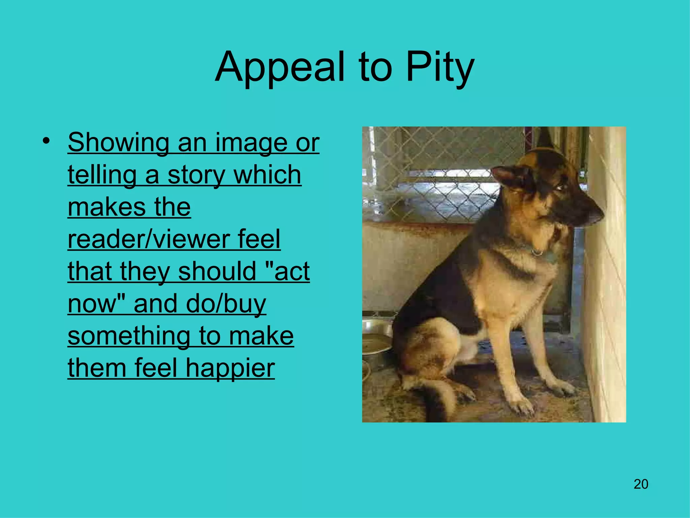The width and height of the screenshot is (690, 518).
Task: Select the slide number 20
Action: [x=641, y=484]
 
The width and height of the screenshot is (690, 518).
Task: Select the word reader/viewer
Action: [x=148, y=239]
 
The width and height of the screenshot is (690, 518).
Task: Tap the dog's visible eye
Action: [x=560, y=186]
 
